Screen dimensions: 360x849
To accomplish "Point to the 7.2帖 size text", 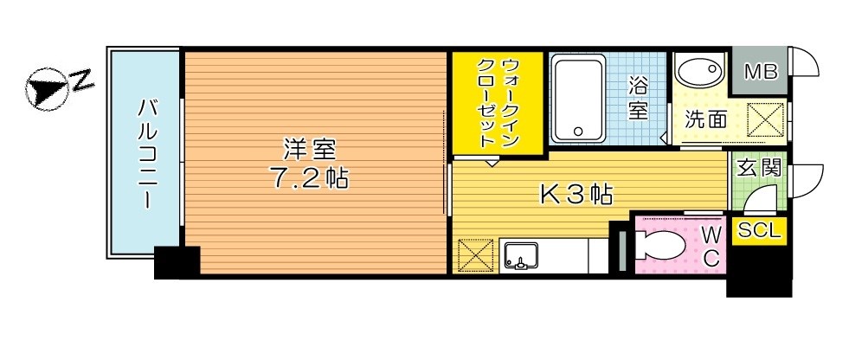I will coord(308,178).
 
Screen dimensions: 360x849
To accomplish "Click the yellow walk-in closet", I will coord(498,103).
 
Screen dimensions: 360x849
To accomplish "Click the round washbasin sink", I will coord(698,71).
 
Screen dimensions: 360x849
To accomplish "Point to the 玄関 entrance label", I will coord(758,167).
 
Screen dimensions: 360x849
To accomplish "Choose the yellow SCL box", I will coord(759,231).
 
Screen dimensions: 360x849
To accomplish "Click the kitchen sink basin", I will coord(520,256).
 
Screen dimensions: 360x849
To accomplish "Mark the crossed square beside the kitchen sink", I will coord(475,257).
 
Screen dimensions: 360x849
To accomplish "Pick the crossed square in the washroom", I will coord(765,119).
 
